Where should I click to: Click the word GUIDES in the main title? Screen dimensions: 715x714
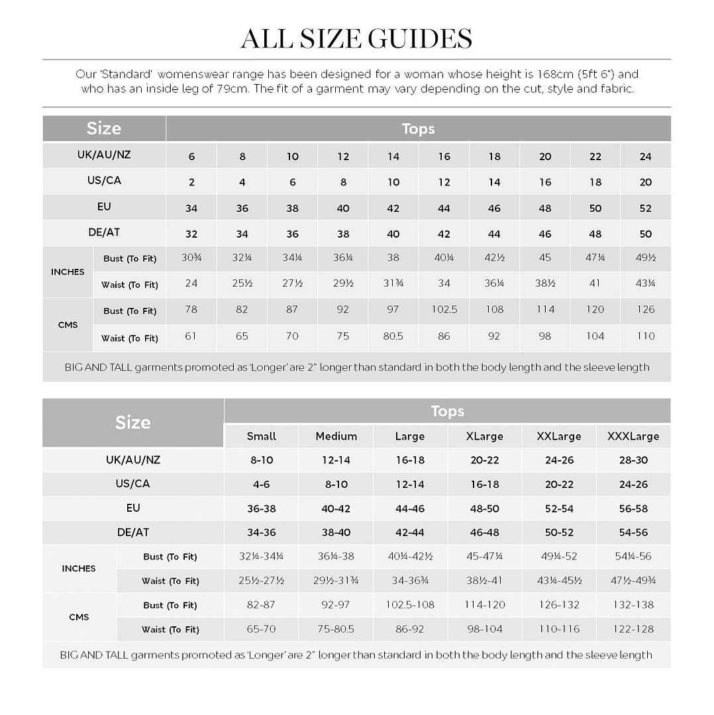click(x=415, y=38)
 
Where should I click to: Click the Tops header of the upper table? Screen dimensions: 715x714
click(x=418, y=128)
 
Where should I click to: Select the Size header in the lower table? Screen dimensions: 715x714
click(x=133, y=422)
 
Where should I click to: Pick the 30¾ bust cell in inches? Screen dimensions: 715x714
click(x=191, y=258)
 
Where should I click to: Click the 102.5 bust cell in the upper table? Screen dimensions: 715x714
click(x=444, y=310)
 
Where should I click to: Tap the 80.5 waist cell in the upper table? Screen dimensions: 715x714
click(x=393, y=336)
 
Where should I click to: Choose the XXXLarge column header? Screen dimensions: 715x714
click(x=633, y=436)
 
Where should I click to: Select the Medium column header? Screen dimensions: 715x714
click(x=336, y=436)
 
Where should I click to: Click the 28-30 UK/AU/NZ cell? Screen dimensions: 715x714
click(x=633, y=460)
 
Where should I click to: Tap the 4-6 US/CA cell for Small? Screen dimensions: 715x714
click(x=261, y=485)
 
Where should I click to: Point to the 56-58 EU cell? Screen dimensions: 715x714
click(x=633, y=508)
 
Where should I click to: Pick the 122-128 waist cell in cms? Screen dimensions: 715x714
click(x=633, y=630)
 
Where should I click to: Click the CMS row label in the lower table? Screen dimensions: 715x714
click(x=79, y=617)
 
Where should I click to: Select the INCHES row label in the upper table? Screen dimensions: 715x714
click(x=68, y=272)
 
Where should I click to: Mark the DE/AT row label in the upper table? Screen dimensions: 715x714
click(x=104, y=233)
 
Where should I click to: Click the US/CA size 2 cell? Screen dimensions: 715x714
click(x=191, y=182)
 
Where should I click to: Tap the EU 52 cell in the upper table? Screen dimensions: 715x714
click(x=646, y=209)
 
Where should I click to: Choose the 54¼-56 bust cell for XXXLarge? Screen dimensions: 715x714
click(x=633, y=557)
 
